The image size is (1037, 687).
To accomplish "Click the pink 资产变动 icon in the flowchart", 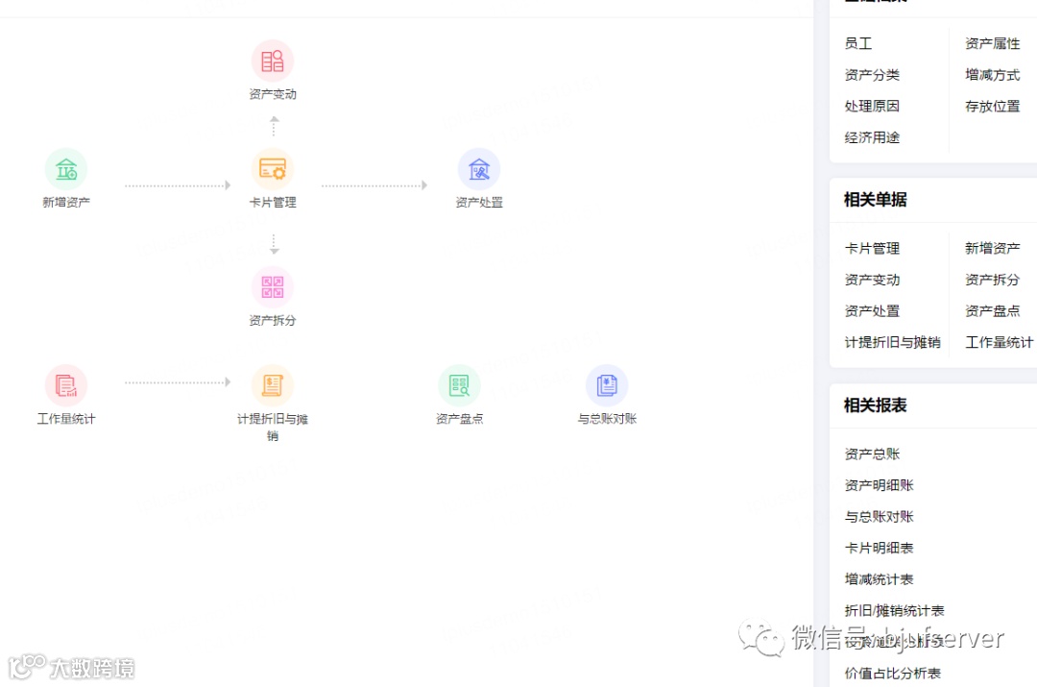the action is tap(273, 61).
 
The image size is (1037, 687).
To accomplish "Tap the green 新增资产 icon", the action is tap(66, 169).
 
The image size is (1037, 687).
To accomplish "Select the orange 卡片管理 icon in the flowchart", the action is tap(273, 169).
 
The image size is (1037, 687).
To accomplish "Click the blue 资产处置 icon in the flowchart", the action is tap(479, 169).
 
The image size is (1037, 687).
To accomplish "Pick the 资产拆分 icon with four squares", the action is tap(273, 287).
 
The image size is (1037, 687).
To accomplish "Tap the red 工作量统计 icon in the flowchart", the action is tap(66, 385).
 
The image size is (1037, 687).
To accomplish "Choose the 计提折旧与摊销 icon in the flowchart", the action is tap(273, 385).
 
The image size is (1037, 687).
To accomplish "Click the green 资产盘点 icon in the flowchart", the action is tap(459, 385).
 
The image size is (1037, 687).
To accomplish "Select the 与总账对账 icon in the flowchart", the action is tap(607, 385).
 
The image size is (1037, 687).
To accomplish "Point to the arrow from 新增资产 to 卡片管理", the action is tap(178, 185).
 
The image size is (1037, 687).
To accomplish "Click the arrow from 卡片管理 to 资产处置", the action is tap(374, 185).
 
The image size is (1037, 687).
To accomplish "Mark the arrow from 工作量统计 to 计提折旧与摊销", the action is tap(178, 382).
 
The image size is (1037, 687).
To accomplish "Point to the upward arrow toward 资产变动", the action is tap(274, 126).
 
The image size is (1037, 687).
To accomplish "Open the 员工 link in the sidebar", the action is tap(858, 44).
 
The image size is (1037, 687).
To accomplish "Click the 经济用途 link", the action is tap(872, 137).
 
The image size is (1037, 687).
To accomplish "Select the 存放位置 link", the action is tap(992, 107).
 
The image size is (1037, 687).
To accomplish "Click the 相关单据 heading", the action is tap(875, 200).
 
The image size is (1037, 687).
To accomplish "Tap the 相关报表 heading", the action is tap(875, 405).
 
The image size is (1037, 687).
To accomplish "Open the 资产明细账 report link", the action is tap(879, 485).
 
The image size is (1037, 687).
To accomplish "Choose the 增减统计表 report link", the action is tap(879, 579).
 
